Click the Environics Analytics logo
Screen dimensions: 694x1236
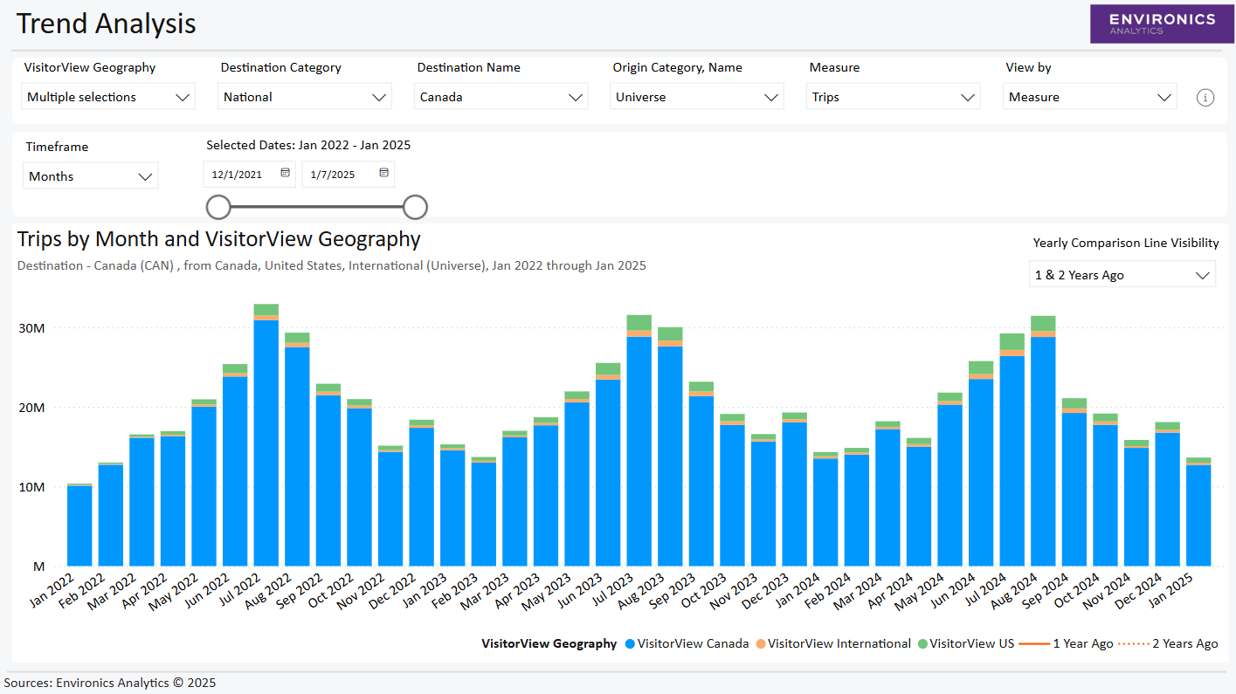click(x=1161, y=24)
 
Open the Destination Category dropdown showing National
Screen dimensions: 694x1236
click(x=304, y=97)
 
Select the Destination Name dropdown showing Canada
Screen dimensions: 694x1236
click(x=501, y=97)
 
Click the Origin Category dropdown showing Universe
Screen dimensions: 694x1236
click(x=696, y=97)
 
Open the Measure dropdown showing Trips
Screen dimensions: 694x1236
click(x=893, y=97)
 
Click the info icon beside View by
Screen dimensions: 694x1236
click(x=1205, y=98)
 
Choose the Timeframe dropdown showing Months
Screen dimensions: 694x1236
click(x=90, y=176)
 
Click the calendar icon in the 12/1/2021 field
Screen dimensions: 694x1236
click(x=285, y=174)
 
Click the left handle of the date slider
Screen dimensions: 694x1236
click(x=218, y=207)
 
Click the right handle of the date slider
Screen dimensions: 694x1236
click(x=415, y=207)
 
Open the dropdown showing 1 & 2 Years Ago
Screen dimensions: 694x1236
click(x=1122, y=275)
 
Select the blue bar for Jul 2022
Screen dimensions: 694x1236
click(x=266, y=445)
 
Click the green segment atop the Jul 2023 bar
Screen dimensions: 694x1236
click(x=639, y=322)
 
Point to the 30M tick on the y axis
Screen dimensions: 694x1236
click(x=32, y=328)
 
